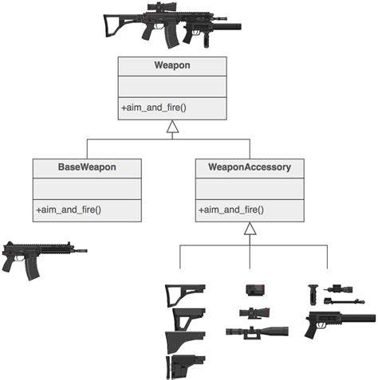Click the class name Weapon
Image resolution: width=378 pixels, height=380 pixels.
pyautogui.click(x=171, y=66)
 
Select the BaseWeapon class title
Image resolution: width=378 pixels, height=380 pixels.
pyautogui.click(x=87, y=168)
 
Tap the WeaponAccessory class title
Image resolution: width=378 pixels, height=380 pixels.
pyautogui.click(x=250, y=168)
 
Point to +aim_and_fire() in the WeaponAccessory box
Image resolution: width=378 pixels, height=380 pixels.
pyautogui.click(x=231, y=210)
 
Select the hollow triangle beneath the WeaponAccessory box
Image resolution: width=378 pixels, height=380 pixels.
pyautogui.click(x=250, y=228)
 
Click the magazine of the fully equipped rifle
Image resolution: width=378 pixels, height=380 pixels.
pyautogui.click(x=171, y=36)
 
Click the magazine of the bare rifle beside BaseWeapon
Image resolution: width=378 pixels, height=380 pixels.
pyautogui.click(x=32, y=268)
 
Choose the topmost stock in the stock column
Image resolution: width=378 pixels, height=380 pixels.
pyautogui.click(x=184, y=294)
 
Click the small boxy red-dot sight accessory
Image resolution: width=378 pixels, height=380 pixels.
pyautogui.click(x=254, y=289)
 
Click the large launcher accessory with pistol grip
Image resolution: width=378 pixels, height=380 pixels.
pyautogui.click(x=335, y=323)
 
